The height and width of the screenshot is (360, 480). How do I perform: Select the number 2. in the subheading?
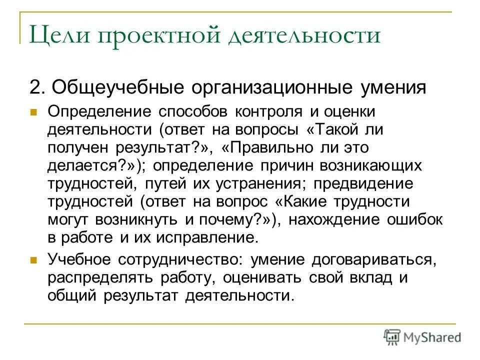39,87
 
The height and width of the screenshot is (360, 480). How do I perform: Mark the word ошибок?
407,219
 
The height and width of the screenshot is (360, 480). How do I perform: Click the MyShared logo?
422,337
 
